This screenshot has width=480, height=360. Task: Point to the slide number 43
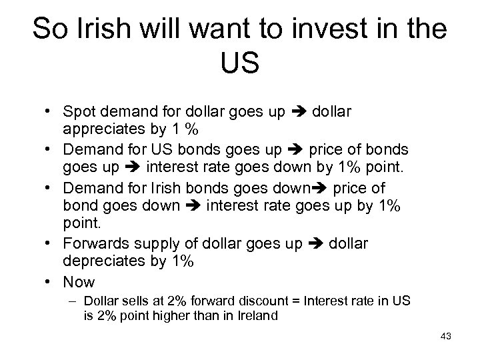(446, 337)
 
